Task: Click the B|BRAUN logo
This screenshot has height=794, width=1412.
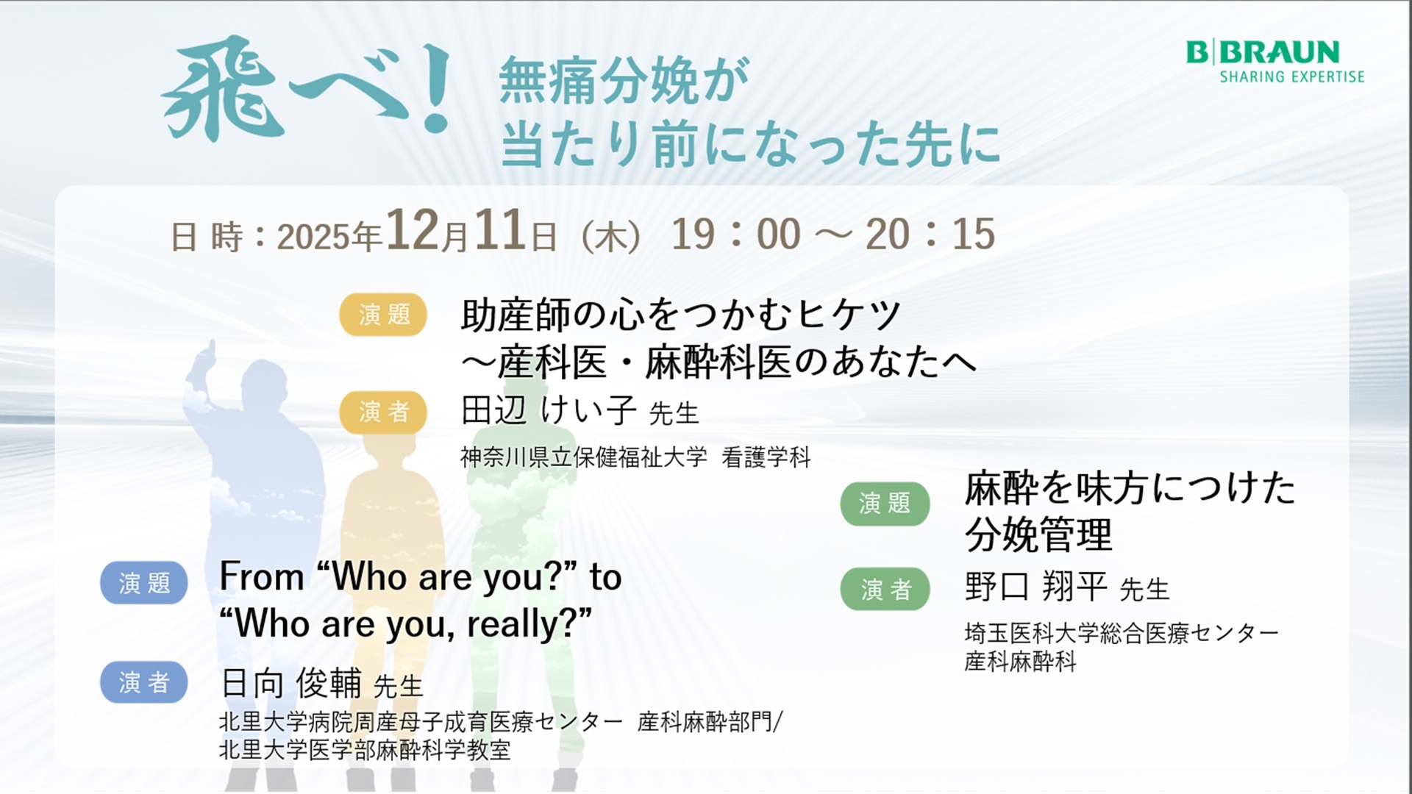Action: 1263,52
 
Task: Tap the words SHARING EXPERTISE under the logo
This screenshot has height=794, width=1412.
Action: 1292,76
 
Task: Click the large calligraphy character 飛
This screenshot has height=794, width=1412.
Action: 223,89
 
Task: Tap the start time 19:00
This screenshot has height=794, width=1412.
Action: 736,235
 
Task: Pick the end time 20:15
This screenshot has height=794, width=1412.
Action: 930,235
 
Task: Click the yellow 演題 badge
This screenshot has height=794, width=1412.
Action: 383,315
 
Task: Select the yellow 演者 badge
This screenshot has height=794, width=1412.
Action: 383,412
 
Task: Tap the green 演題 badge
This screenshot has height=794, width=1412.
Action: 885,504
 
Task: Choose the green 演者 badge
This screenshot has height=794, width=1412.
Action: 885,589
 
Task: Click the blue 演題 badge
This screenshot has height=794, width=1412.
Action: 144,583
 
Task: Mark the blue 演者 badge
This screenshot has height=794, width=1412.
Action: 144,682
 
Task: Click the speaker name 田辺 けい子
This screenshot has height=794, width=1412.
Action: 549,410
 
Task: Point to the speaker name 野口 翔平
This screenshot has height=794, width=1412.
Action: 1036,587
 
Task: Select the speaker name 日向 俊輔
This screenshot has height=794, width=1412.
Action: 291,683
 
